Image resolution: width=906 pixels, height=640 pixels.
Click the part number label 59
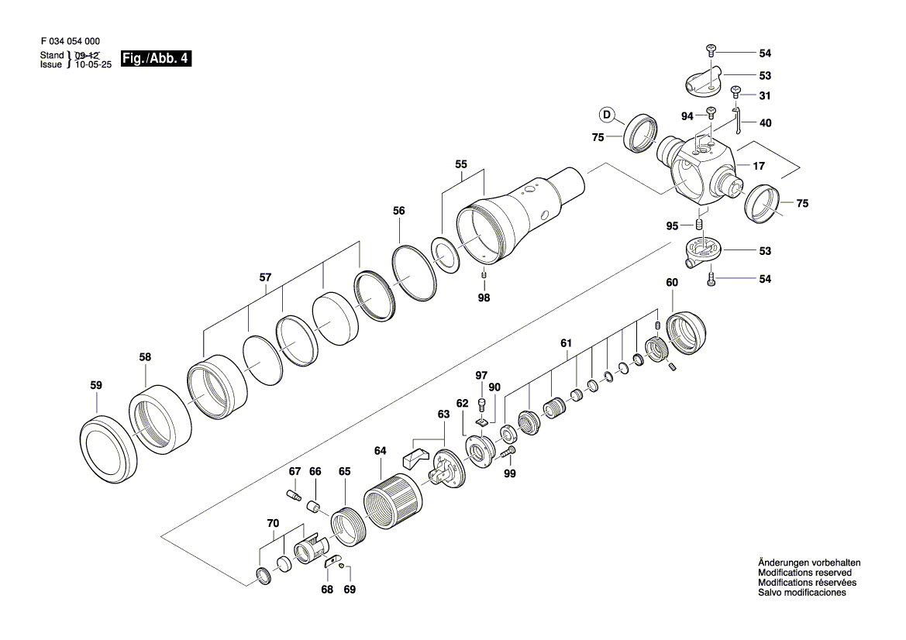96,385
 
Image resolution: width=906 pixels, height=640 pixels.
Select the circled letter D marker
608,116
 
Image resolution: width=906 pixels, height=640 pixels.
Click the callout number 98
484,297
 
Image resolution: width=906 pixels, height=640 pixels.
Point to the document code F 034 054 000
70,41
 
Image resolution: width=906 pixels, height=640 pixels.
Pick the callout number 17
758,166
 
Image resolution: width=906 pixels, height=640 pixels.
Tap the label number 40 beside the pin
765,123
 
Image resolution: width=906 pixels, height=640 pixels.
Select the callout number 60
671,283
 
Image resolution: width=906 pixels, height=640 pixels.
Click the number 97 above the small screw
481,376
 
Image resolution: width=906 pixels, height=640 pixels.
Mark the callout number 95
672,225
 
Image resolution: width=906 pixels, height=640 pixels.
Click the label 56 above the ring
399,210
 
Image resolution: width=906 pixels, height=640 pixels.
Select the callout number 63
443,415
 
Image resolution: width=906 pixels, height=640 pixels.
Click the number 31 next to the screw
765,96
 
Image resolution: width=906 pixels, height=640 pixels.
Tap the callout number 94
687,116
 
